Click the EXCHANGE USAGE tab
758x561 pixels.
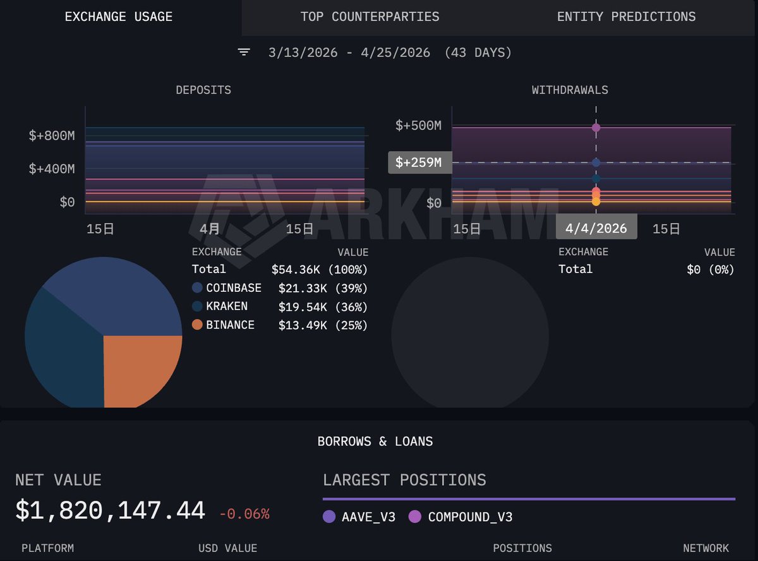click(119, 17)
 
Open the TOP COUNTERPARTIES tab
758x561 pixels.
click(370, 17)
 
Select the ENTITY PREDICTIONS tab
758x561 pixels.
click(626, 17)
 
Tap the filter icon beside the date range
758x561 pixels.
click(244, 52)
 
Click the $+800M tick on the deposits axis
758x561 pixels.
click(52, 136)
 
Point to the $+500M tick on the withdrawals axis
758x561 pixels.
click(418, 126)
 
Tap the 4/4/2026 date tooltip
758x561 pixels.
click(596, 228)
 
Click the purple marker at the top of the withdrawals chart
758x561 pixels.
click(596, 128)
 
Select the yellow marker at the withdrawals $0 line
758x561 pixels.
click(596, 202)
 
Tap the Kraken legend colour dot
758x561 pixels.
click(197, 306)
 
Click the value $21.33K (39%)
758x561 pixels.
click(323, 288)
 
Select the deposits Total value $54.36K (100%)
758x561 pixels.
click(319, 269)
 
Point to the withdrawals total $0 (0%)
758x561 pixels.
click(710, 269)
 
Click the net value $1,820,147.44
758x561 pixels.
click(110, 510)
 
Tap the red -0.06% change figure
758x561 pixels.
click(244, 514)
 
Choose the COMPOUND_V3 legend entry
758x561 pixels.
click(460, 517)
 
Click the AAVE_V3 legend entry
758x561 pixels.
click(359, 517)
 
